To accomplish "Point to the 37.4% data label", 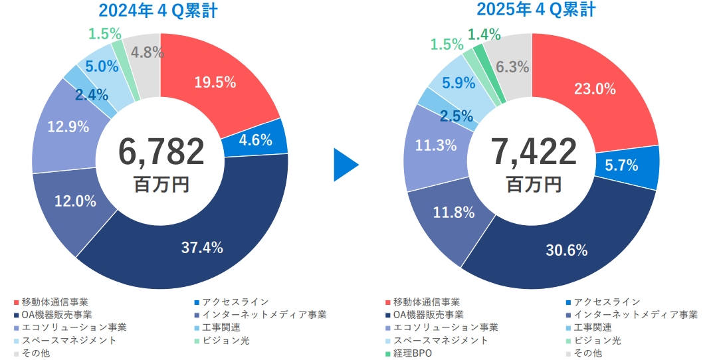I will [202, 248].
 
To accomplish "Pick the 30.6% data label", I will [567, 250].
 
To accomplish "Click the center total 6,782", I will [161, 151].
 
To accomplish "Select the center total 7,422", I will [534, 151].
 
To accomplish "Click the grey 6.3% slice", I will [512, 66].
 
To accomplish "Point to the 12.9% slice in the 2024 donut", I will [68, 127].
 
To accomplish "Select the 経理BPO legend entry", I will [413, 353].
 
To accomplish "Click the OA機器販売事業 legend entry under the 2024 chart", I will [56, 314].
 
